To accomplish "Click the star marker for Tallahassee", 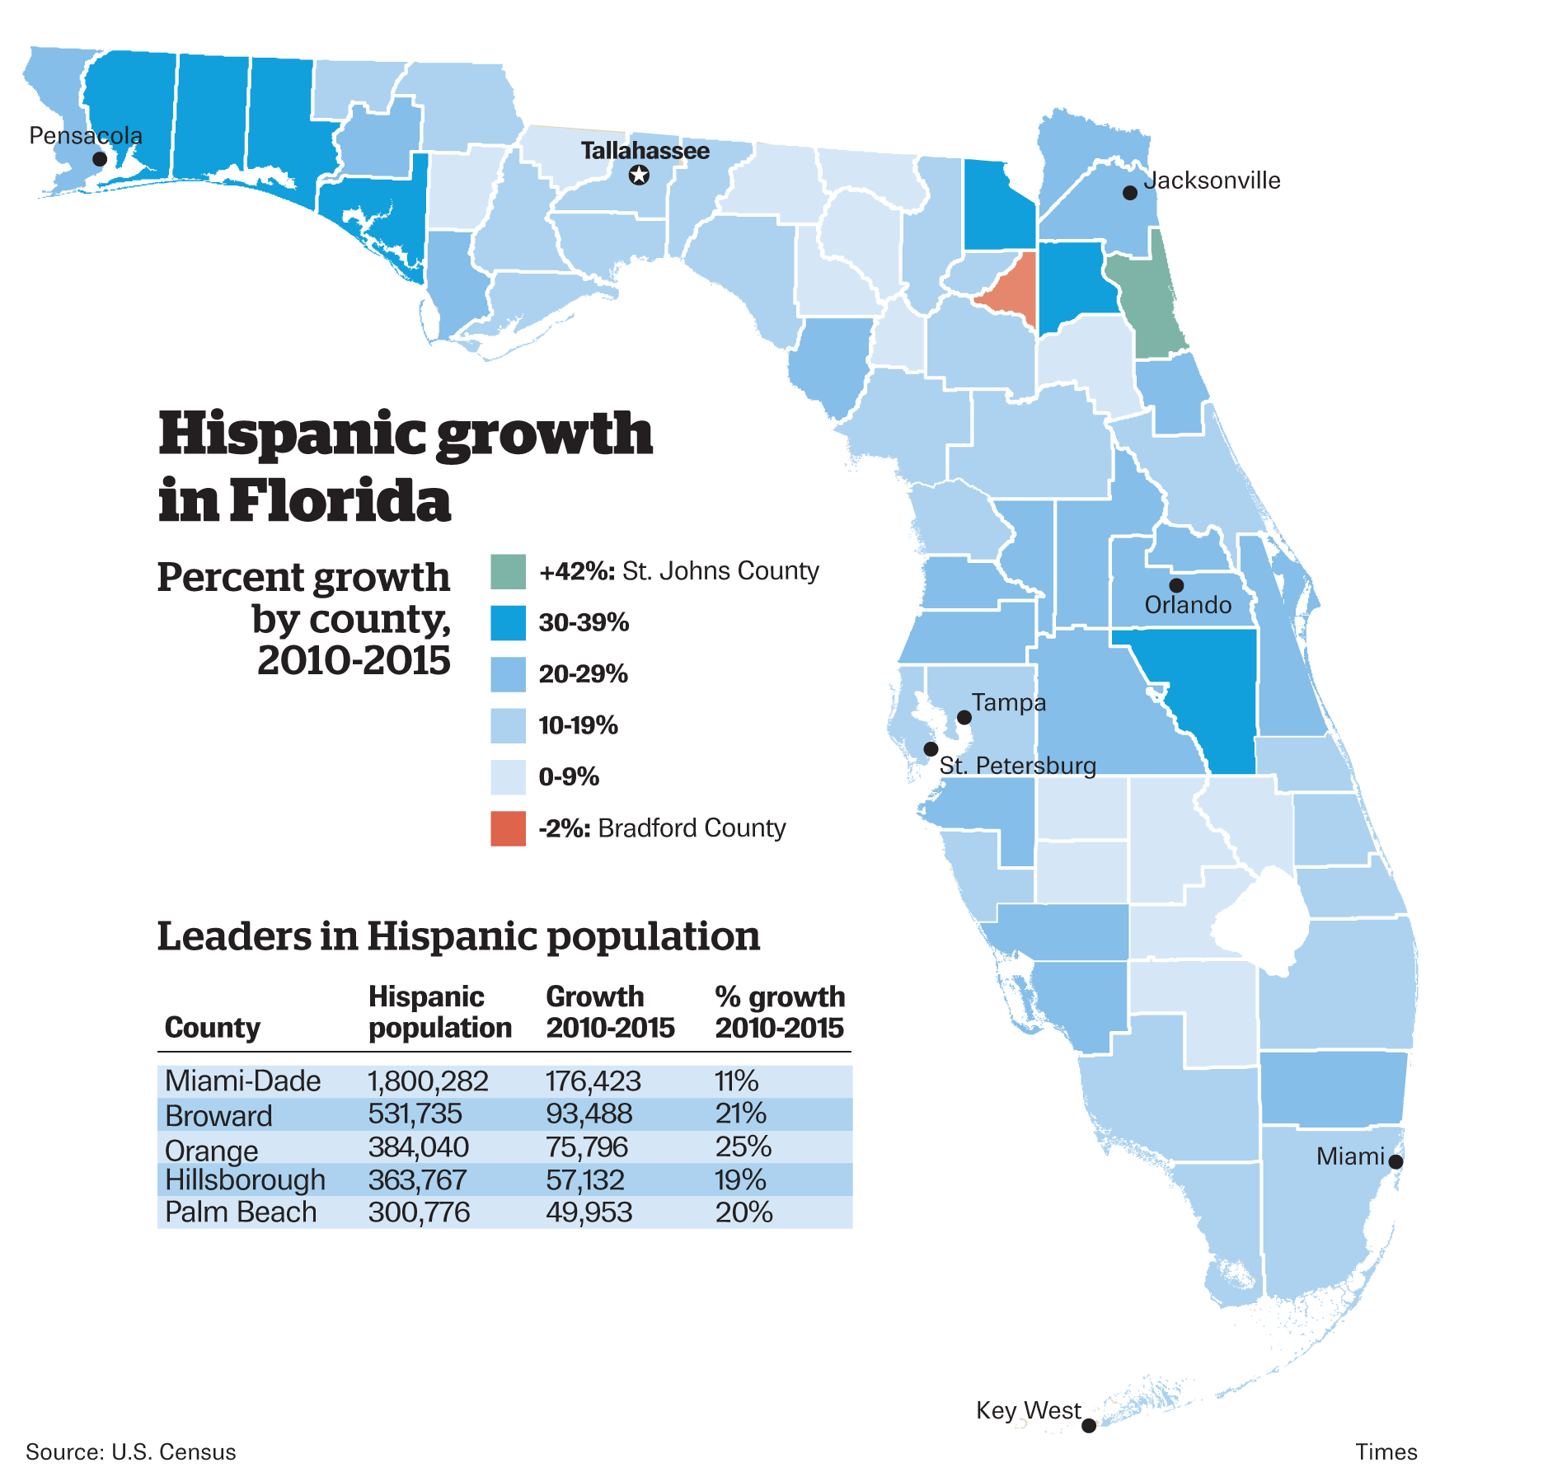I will (x=639, y=175).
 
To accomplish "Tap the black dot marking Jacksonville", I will (x=1130, y=193).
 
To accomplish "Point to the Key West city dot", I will (x=1089, y=1425).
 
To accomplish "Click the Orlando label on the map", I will (x=1188, y=605).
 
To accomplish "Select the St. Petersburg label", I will (x=1018, y=766).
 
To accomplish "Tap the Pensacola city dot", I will (x=100, y=159).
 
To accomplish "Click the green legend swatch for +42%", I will (x=508, y=572).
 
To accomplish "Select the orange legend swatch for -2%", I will (x=508, y=828).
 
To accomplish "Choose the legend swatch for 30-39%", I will (x=508, y=623).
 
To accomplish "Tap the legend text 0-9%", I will (x=569, y=777).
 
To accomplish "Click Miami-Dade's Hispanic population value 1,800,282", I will (x=428, y=1081).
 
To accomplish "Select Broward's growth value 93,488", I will (x=589, y=1114).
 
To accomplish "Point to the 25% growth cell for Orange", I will (x=743, y=1146).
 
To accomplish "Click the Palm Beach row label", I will (x=241, y=1212).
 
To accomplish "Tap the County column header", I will (x=212, y=1028).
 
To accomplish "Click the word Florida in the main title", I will (x=340, y=500).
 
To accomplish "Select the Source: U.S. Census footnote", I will (x=131, y=1451).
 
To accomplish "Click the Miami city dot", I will (x=1396, y=1162).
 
